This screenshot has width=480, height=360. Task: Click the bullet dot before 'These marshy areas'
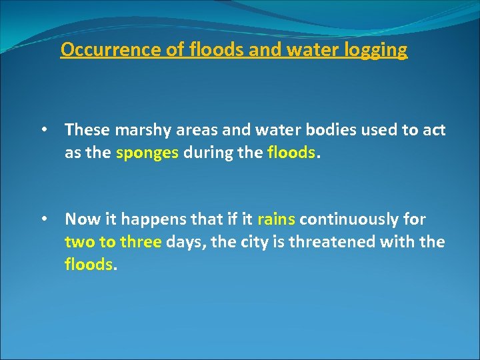pyautogui.click(x=43, y=130)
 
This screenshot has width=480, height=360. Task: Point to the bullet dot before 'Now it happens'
pyautogui.click(x=43, y=219)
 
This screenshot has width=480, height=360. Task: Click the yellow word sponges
pyautogui.click(x=147, y=153)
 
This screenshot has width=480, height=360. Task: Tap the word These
pyautogui.click(x=87, y=131)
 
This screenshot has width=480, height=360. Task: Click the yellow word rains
pyautogui.click(x=276, y=219)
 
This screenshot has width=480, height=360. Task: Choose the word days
pyautogui.click(x=184, y=241)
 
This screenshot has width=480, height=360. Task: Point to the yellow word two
pyautogui.click(x=77, y=241)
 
